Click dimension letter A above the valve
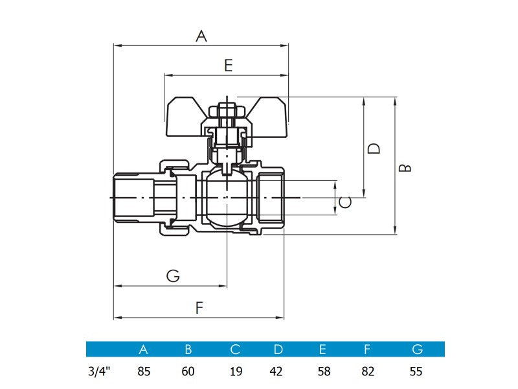(201, 37)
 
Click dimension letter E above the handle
(228, 65)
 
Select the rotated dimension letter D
(374, 148)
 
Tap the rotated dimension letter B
(405, 167)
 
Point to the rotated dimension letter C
(346, 202)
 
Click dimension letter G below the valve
(173, 276)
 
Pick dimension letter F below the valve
(199, 309)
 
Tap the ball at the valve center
(227, 197)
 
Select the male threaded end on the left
(133, 197)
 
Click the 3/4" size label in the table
(99, 372)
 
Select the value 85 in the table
(144, 372)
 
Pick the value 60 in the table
(188, 372)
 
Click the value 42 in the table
(278, 372)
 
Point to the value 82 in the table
(367, 372)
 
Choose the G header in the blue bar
(417, 349)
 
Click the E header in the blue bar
(322, 349)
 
